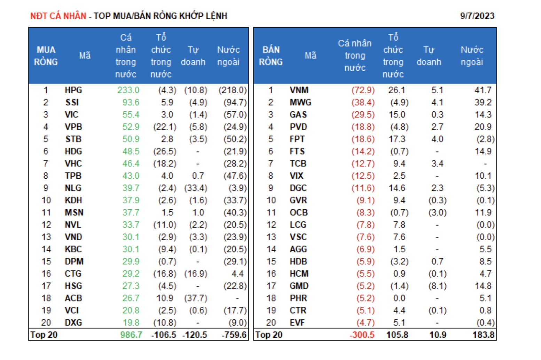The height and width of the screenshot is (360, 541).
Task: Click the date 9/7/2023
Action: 477,16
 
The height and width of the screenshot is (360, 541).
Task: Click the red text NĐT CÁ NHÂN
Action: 58,16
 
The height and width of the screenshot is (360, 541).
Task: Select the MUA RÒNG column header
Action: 46,56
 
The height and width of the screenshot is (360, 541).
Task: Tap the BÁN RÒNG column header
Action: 270,56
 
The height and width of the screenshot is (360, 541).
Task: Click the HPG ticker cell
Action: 73,90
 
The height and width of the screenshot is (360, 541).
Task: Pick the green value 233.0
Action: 128,90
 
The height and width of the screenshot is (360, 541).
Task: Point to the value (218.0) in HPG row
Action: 233,90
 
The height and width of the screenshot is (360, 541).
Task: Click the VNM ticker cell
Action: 299,90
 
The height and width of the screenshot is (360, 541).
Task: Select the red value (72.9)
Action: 363,90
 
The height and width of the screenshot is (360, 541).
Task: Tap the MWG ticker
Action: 300,102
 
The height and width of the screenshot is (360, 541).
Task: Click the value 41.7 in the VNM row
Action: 483,90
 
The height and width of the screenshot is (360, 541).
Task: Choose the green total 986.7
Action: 131,335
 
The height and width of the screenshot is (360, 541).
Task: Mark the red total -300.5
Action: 362,335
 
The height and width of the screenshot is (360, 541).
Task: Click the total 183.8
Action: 483,335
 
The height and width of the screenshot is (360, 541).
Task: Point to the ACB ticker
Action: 73,298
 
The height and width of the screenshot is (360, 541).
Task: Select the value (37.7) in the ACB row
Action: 196,298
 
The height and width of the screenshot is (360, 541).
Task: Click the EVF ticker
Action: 297,323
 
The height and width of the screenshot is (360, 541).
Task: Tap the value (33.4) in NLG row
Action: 196,188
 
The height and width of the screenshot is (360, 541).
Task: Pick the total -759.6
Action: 234,335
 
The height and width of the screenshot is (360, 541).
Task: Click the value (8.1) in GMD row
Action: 437,286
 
